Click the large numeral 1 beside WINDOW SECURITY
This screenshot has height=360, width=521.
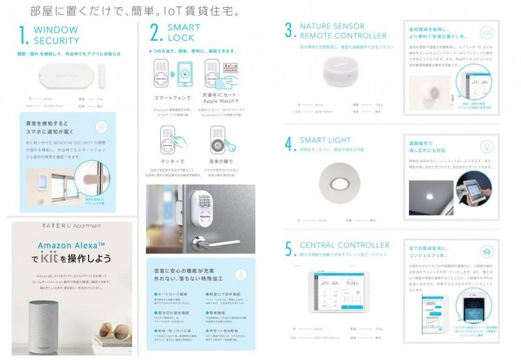[x=23, y=35]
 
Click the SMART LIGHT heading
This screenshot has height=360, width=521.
[x=325, y=141]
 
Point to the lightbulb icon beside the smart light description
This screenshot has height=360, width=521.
[x=485, y=145]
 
